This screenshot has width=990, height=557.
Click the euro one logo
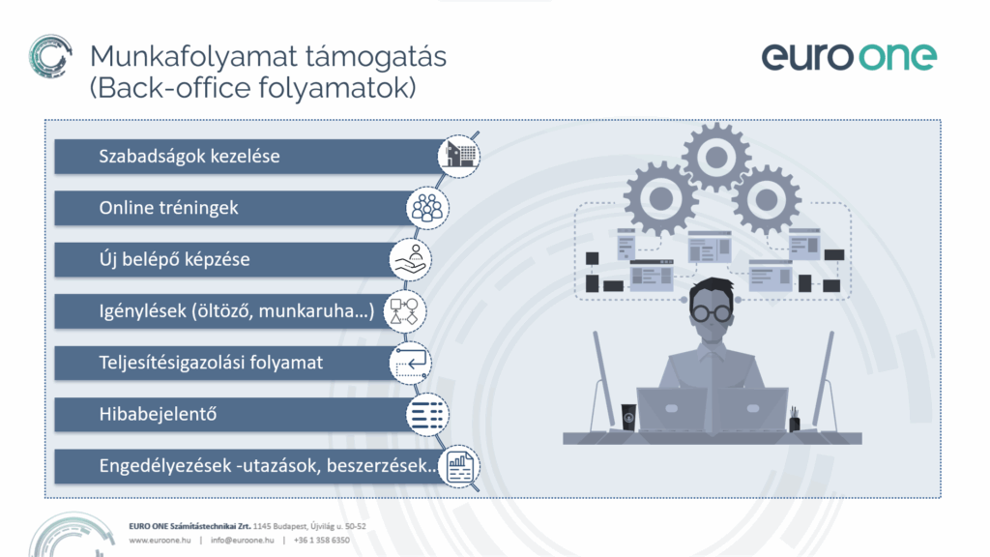(x=849, y=57)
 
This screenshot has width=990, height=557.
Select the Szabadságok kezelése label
(x=189, y=156)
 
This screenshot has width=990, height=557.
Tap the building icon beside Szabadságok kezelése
(x=459, y=156)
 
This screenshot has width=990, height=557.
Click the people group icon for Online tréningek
(x=427, y=208)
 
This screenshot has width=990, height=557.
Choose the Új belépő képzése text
(x=174, y=259)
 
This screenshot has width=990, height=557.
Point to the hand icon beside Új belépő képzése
(x=410, y=259)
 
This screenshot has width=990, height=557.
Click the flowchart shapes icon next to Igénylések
(x=405, y=311)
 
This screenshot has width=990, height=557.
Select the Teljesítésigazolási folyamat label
(x=211, y=363)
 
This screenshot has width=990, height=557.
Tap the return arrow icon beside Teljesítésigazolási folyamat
(x=410, y=364)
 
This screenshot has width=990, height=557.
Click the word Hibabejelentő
(x=158, y=414)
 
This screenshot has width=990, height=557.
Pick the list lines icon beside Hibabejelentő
(x=427, y=415)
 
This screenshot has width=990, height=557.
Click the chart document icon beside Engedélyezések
(x=459, y=467)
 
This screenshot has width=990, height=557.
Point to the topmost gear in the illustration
(x=716, y=158)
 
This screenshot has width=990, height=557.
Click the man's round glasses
(x=712, y=312)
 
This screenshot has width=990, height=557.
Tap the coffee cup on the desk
(x=628, y=418)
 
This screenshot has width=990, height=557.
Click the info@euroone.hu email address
(x=243, y=540)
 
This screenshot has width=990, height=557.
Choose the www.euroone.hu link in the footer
(x=160, y=540)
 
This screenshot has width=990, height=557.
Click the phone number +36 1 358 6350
(x=321, y=540)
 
